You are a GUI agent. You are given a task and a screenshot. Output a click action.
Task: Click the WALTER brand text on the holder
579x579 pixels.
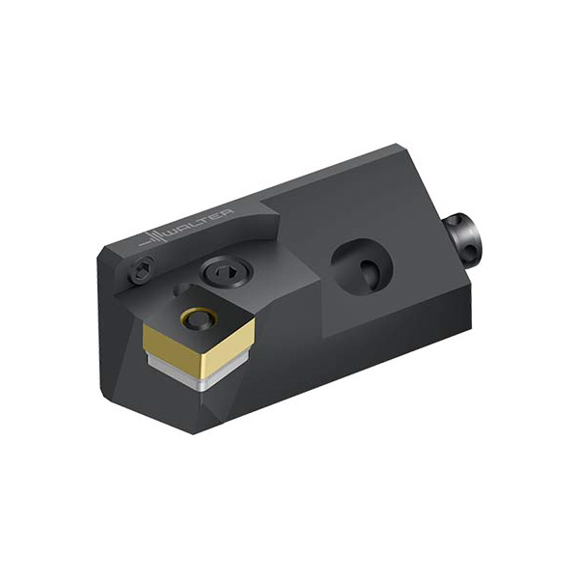(x=201, y=223)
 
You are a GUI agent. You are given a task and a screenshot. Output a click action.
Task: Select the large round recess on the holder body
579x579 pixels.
(x=361, y=263)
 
